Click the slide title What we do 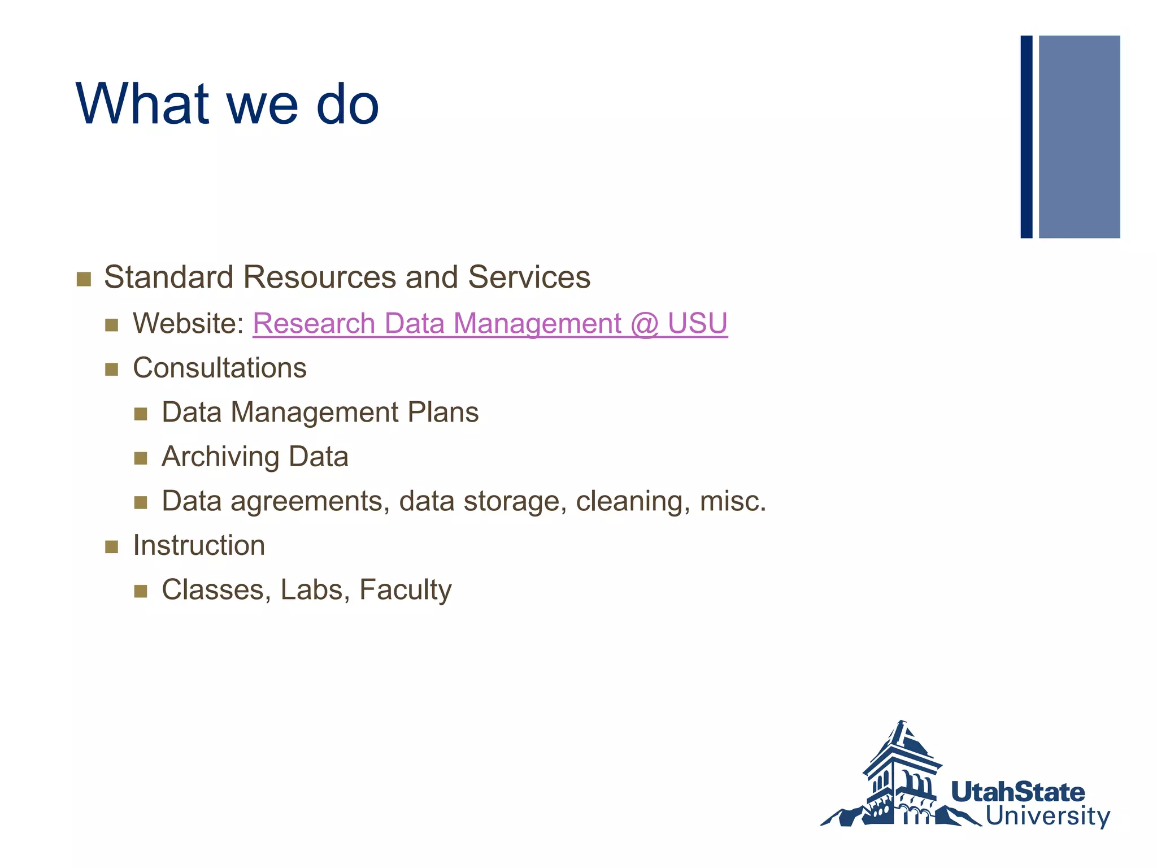(x=227, y=105)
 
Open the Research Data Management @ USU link (x=490, y=324)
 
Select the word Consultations (x=220, y=368)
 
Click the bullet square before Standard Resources (x=84, y=279)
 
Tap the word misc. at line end (x=733, y=501)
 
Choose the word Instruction (x=199, y=545)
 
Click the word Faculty (x=405, y=590)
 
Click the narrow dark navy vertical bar (x=1026, y=137)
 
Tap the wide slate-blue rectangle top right (x=1079, y=137)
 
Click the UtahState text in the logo (x=1017, y=792)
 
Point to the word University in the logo (x=1047, y=817)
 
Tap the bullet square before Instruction (x=112, y=546)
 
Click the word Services (x=529, y=277)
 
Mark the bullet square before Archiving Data (x=141, y=458)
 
